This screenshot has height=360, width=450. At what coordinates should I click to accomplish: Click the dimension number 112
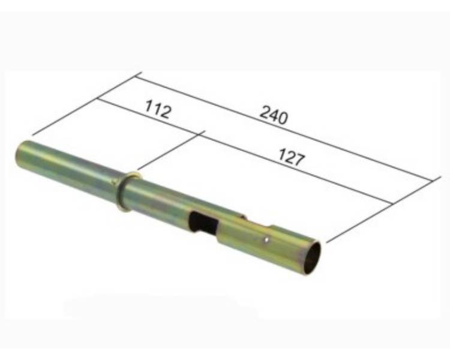[x=158, y=109]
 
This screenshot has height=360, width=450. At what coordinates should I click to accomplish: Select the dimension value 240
[x=274, y=115]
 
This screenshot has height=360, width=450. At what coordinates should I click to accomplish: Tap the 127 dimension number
[x=291, y=157]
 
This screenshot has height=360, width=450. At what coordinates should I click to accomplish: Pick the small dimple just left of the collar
[x=114, y=181]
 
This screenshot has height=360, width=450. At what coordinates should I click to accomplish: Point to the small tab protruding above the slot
[x=242, y=217]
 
